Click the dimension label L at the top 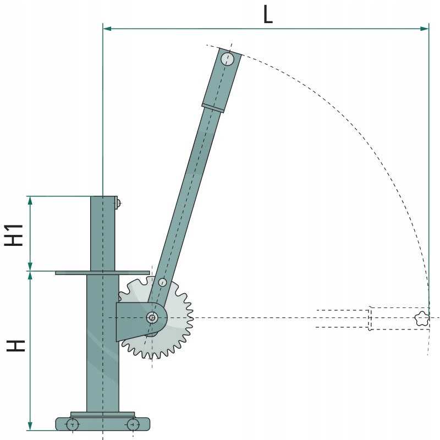267,14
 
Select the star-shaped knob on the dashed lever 422,318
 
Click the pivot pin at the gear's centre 152,317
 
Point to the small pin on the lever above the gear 162,282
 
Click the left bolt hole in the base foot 72,424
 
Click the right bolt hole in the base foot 133,424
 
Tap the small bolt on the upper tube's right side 118,204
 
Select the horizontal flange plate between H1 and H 102,272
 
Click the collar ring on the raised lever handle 213,107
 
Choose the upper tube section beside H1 103,233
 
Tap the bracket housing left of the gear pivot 129,322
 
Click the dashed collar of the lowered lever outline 370,318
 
